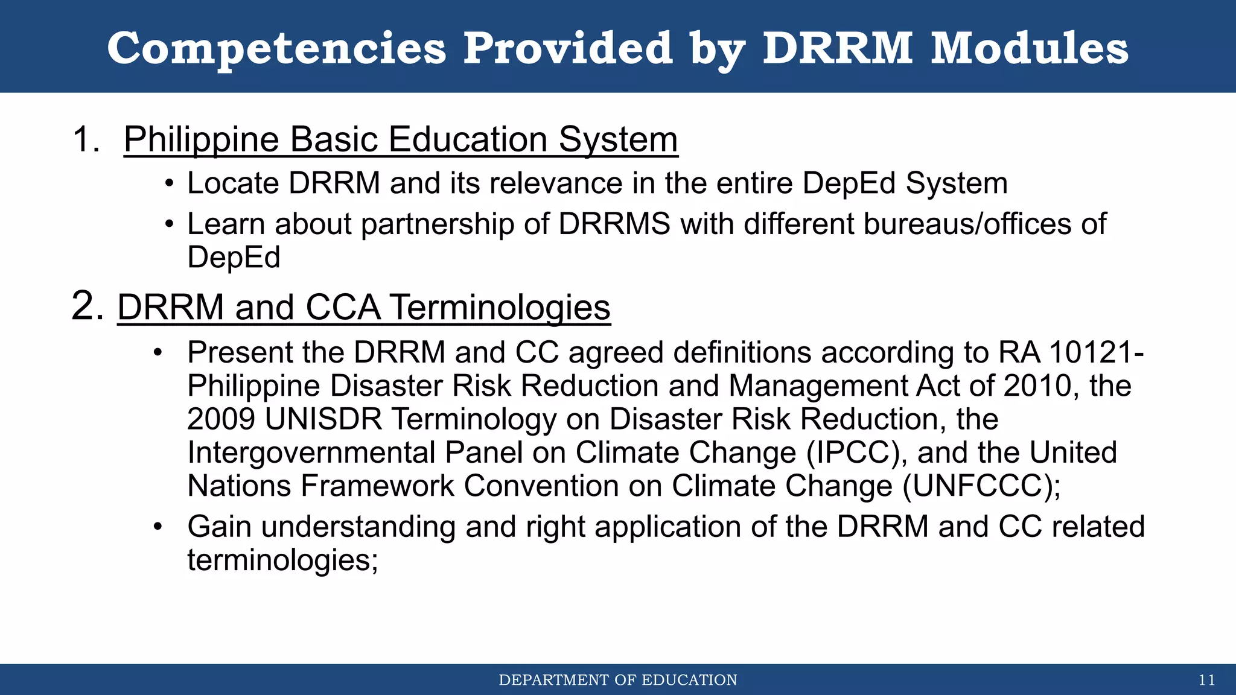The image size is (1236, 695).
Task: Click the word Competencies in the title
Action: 276,48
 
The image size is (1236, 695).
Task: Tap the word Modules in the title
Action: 1029,48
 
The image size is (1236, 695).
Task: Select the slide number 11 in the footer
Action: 1206,681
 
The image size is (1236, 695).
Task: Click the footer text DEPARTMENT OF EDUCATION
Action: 618,681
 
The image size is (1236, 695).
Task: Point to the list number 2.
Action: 88,306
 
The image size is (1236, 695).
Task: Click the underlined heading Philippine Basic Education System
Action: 401,139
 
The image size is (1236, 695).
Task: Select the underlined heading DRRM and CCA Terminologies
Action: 363,307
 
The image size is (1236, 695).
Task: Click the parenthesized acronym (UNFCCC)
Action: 981,486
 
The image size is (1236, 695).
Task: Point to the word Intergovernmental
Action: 311,452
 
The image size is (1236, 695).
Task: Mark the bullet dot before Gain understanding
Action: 158,527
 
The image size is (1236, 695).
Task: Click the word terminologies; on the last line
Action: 282,560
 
